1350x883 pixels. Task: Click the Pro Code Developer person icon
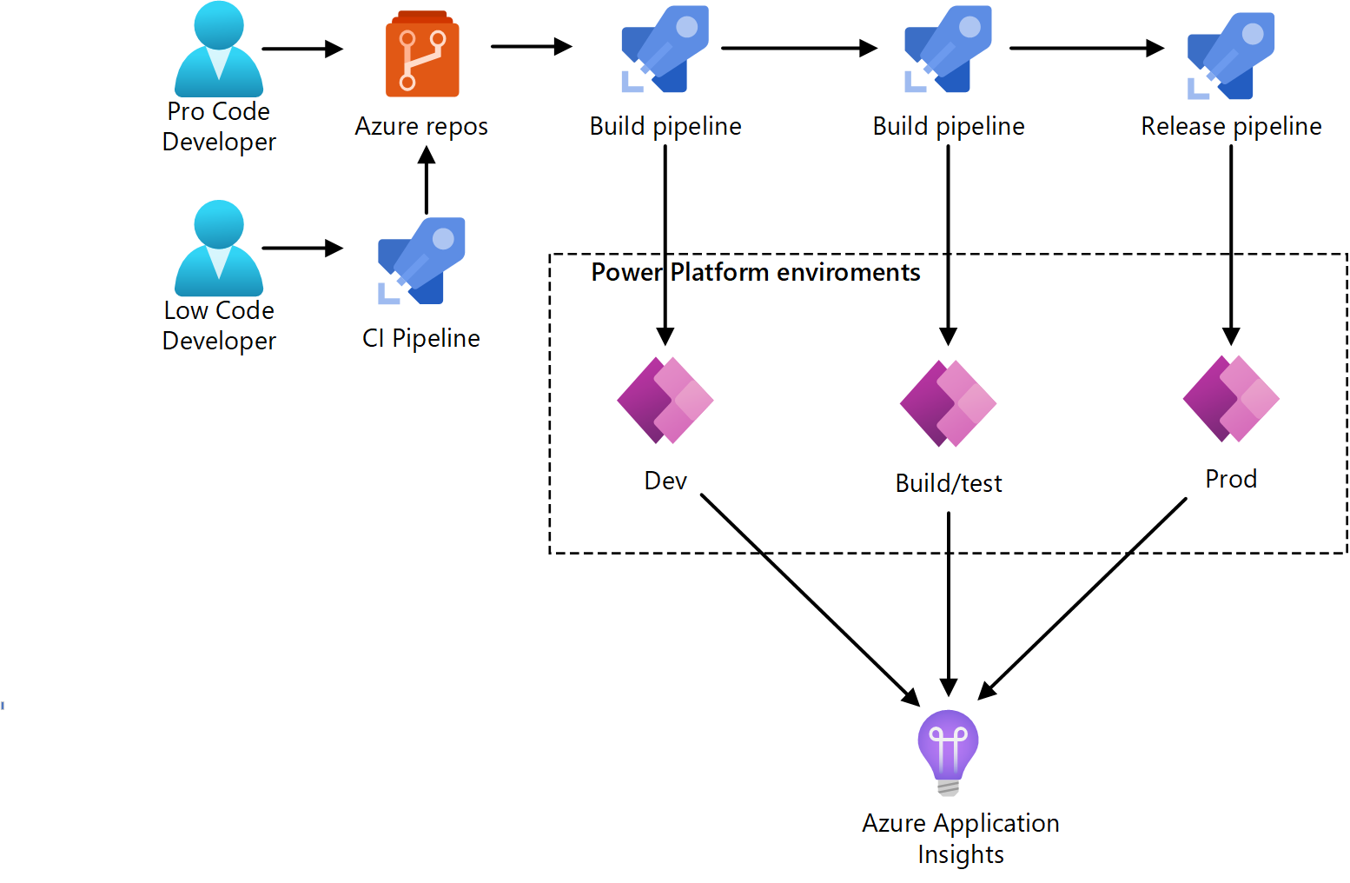coord(219,50)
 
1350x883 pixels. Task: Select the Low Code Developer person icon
coord(219,249)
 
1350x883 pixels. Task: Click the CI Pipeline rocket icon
coord(422,261)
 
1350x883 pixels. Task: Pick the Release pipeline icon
coord(1231,55)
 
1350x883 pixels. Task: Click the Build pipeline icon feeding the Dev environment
coord(665,50)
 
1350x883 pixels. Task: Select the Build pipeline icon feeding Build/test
coord(948,50)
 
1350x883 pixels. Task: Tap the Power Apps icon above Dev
coord(665,401)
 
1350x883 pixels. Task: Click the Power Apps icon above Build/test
coord(948,403)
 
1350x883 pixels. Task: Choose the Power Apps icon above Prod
coord(1231,399)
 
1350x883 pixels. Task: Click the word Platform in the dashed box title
coord(719,273)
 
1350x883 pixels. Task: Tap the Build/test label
coord(949,483)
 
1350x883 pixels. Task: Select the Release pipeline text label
coord(1231,127)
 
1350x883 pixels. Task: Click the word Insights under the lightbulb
coord(960,854)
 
